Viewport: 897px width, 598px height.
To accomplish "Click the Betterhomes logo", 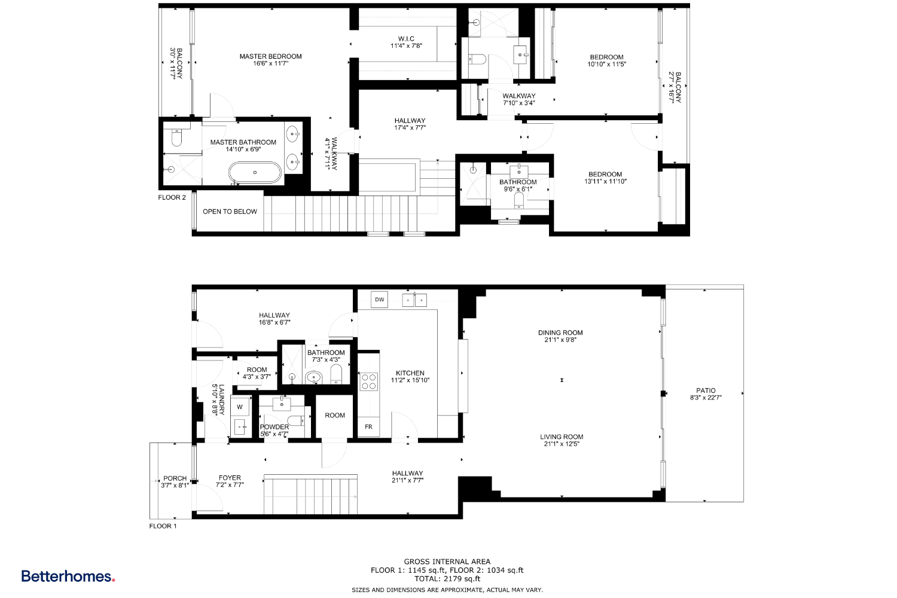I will (68, 576).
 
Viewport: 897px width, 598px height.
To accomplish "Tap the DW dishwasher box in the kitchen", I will (379, 300).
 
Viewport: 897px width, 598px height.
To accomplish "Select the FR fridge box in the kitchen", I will (368, 426).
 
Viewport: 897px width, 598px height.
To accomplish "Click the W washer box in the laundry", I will (240, 407).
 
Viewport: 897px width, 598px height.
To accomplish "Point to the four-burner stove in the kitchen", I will (368, 382).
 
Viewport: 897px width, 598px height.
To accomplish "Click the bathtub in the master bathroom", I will (255, 173).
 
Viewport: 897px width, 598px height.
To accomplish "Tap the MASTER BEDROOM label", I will (270, 56).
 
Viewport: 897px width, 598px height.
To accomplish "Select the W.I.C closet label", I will (406, 39).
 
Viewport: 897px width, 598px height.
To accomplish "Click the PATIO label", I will (706, 390).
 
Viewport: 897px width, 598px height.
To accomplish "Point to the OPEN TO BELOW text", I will (230, 212).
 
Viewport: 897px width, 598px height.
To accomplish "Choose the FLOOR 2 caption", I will (172, 197).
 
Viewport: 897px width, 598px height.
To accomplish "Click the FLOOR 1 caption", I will (163, 526).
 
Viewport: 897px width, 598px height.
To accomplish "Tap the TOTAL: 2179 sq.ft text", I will (447, 579).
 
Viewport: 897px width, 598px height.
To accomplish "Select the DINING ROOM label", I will (560, 332).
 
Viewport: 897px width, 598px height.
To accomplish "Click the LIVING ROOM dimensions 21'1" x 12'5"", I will (561, 444).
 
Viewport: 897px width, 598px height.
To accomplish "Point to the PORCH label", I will (175, 478).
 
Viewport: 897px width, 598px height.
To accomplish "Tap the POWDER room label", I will (274, 427).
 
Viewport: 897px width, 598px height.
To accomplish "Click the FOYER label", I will (230, 478).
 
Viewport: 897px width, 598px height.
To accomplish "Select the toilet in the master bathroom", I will (176, 138).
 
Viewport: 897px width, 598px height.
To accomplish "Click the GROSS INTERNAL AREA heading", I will (447, 562).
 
